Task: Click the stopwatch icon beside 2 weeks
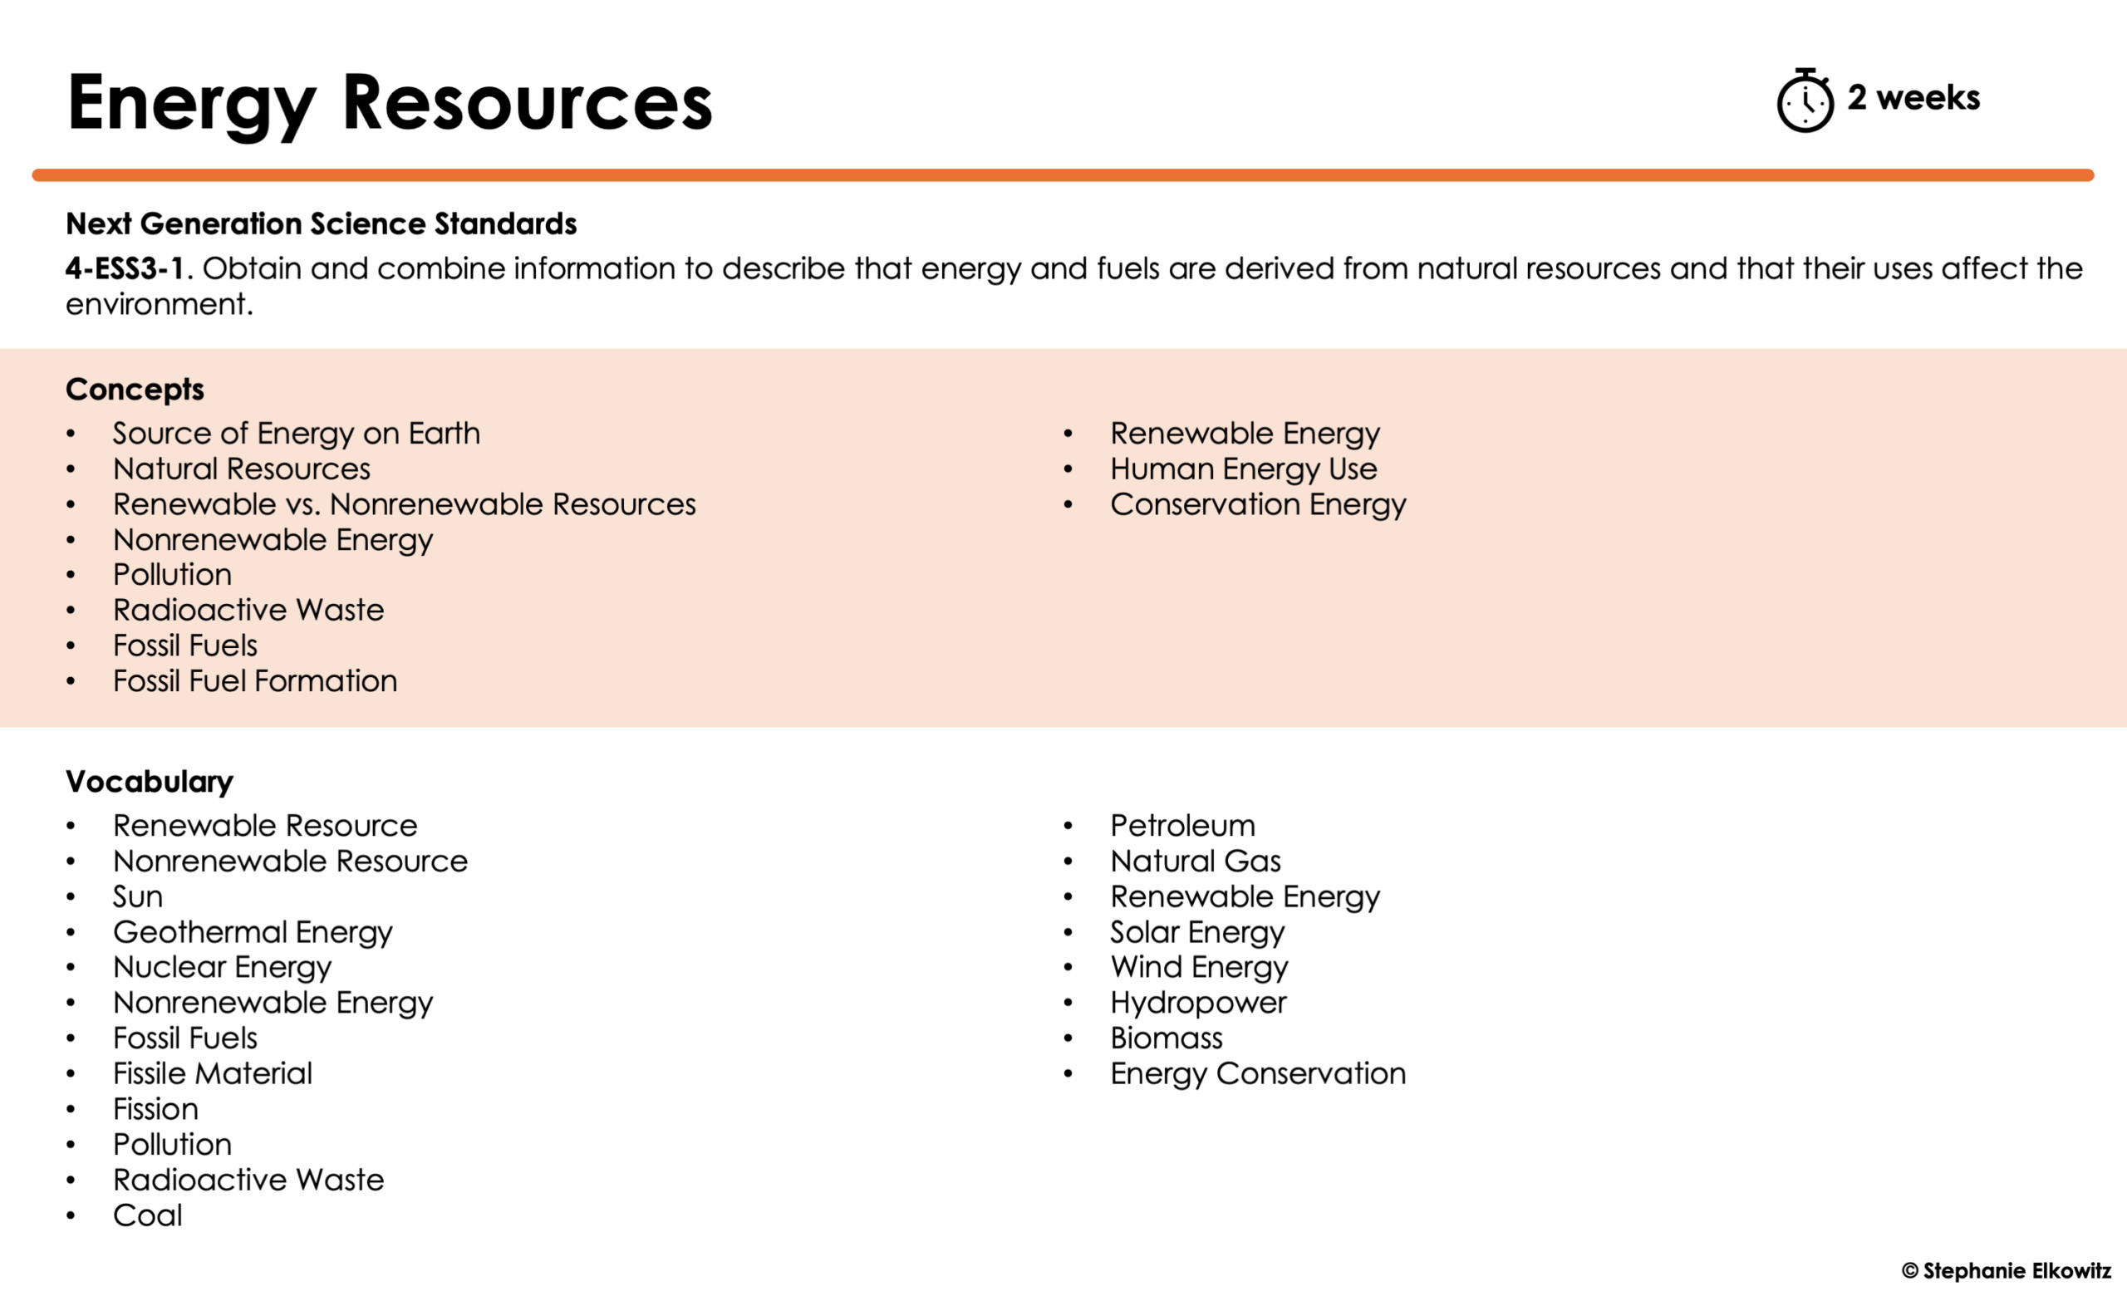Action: click(x=1804, y=101)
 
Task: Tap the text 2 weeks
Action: click(x=1913, y=97)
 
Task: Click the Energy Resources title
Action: click(x=390, y=104)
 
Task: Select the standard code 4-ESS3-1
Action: click(x=125, y=268)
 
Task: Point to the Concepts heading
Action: click(x=135, y=389)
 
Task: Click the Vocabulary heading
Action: click(x=150, y=781)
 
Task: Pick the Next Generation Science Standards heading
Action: click(x=321, y=223)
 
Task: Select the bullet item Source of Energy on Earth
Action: click(x=296, y=433)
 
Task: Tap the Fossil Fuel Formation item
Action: click(x=254, y=681)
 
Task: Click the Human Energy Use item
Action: click(x=1243, y=469)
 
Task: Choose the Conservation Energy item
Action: click(x=1258, y=504)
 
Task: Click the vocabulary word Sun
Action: click(x=138, y=896)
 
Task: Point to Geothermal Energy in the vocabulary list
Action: click(x=252, y=932)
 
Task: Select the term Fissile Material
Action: click(x=213, y=1073)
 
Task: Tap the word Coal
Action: click(x=148, y=1215)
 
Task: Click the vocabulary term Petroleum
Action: click(x=1182, y=826)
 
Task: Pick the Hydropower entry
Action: click(x=1198, y=1003)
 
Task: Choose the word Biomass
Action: click(x=1167, y=1038)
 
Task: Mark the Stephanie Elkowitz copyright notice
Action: click(x=2006, y=1270)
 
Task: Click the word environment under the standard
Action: click(x=158, y=305)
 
